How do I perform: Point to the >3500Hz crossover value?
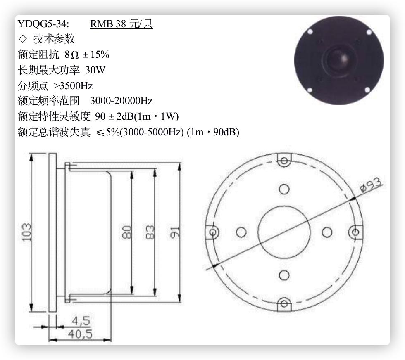tap(73, 85)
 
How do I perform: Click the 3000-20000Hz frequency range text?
tap(121, 101)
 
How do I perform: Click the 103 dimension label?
tap(26, 232)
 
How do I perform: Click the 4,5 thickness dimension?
tap(81, 321)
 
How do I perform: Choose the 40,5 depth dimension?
tap(80, 334)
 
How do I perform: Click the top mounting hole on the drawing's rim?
tap(283, 161)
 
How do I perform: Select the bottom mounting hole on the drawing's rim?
tap(283, 304)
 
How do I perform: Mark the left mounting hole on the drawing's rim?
tap(213, 232)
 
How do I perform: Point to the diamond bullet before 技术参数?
tap(22, 39)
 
